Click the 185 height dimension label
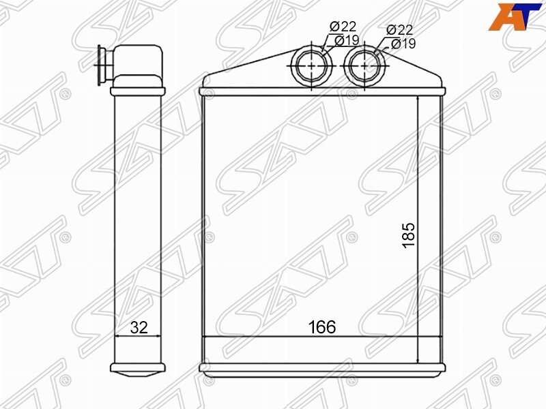[x=409, y=235]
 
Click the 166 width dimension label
[x=322, y=327]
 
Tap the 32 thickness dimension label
[x=139, y=327]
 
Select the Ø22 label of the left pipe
[x=343, y=27]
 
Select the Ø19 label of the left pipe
[x=347, y=41]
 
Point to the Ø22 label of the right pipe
[x=399, y=30]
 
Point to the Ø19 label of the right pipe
[x=403, y=44]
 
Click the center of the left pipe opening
[x=312, y=65]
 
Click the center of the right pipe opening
[x=364, y=65]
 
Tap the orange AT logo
[x=515, y=16]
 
